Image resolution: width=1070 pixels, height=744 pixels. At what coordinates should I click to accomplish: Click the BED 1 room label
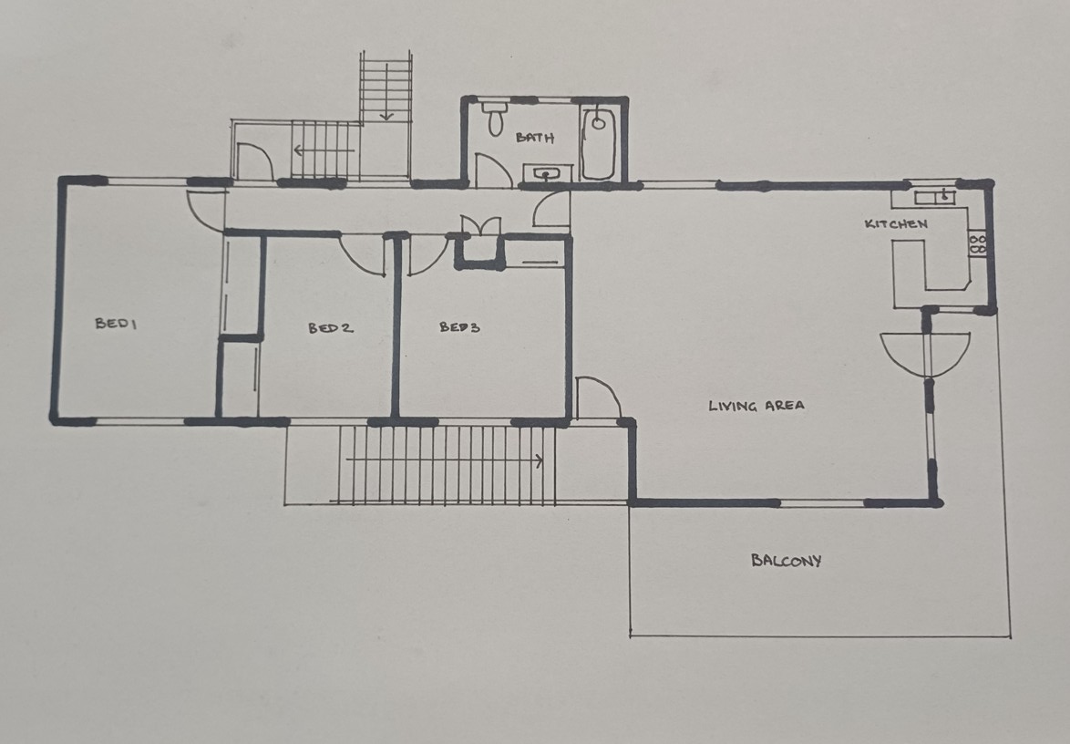coord(116,324)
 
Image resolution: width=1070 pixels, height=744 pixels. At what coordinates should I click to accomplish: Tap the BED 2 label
coord(331,328)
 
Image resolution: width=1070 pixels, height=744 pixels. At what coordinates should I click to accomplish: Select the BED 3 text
coord(460,327)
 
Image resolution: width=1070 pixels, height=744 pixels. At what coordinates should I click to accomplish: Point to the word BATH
coord(535,137)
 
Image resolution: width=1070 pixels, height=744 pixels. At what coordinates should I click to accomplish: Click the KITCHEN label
coord(896,224)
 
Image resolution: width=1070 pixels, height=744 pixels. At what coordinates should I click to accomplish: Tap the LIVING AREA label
coord(756,406)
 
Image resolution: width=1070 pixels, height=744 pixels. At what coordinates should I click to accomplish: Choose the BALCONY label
coord(787,561)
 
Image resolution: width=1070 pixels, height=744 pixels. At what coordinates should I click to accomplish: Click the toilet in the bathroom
coord(495,117)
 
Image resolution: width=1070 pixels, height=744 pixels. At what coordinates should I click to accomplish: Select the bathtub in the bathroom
coord(599,142)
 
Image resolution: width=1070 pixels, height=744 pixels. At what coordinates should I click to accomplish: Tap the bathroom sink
coord(544,173)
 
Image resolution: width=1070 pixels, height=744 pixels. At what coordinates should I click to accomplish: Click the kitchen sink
coord(935,197)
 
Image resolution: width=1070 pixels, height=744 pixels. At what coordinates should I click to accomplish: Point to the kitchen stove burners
coord(977,244)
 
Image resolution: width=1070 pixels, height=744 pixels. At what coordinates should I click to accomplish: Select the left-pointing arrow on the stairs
coord(324,150)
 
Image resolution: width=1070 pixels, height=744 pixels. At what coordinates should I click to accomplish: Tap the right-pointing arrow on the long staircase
coord(445,460)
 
